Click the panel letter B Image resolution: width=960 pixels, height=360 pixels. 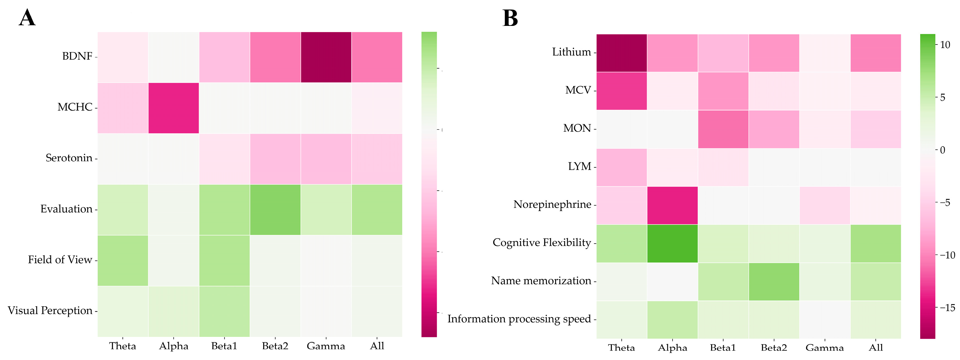click(x=510, y=18)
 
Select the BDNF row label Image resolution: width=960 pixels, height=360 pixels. click(x=77, y=56)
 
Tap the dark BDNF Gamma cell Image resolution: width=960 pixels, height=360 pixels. click(x=326, y=57)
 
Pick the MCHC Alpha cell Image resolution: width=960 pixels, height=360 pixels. click(x=174, y=108)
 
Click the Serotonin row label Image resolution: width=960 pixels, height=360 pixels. click(x=69, y=158)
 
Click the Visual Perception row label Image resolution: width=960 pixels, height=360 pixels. click(x=50, y=310)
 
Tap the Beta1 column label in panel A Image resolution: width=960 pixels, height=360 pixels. click(x=224, y=346)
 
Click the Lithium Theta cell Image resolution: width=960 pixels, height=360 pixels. click(x=622, y=53)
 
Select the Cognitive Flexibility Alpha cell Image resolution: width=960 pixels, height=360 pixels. click(x=672, y=243)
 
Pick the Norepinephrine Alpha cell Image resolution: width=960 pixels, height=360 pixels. click(x=672, y=205)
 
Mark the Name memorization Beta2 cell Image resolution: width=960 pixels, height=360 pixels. click(x=774, y=282)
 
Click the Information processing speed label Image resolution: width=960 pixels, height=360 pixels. click(x=519, y=319)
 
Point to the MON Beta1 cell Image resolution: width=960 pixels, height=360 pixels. click(x=723, y=129)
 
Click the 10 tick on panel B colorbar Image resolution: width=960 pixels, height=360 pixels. click(x=945, y=45)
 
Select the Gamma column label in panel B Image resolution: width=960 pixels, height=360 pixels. click(x=824, y=348)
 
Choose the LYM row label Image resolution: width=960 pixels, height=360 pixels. click(x=579, y=166)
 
